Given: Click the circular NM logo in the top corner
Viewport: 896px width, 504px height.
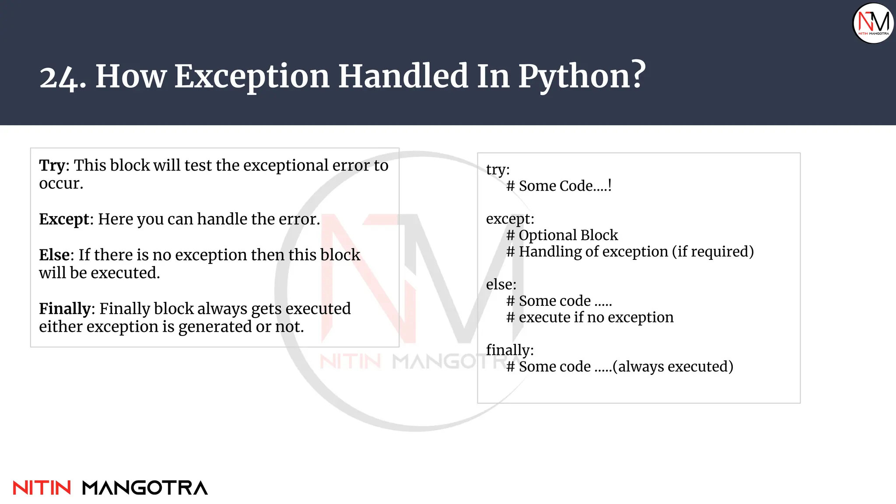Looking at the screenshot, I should pyautogui.click(x=873, y=23).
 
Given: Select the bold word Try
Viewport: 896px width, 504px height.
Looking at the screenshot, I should pyautogui.click(x=52, y=165).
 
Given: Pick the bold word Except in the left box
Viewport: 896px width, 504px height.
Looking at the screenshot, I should pyautogui.click(x=64, y=219).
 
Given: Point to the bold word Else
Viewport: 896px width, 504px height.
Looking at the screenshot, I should pyautogui.click(x=54, y=255).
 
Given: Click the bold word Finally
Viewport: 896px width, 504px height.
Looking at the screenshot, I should pyautogui.click(x=64, y=308).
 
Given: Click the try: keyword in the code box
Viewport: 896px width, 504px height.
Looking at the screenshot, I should pyautogui.click(x=498, y=169).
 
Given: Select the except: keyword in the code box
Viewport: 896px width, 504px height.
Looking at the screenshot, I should pyautogui.click(x=510, y=219).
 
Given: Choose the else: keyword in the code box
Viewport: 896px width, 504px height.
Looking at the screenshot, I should pyautogui.click(x=501, y=284).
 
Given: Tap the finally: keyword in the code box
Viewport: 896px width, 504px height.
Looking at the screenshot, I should pyautogui.click(x=510, y=350).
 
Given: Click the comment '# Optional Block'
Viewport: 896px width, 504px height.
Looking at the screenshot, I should pyautogui.click(x=562, y=235).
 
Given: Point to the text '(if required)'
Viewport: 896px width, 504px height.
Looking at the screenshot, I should pyautogui.click(x=713, y=252).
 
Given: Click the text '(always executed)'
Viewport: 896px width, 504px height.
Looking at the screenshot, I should pyautogui.click(x=673, y=367).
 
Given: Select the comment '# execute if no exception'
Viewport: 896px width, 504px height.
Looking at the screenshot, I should pyautogui.click(x=590, y=317).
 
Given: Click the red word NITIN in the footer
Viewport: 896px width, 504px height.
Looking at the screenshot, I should pyautogui.click(x=42, y=488).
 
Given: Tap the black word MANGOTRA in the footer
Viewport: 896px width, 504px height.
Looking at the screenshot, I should pyautogui.click(x=145, y=488).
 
